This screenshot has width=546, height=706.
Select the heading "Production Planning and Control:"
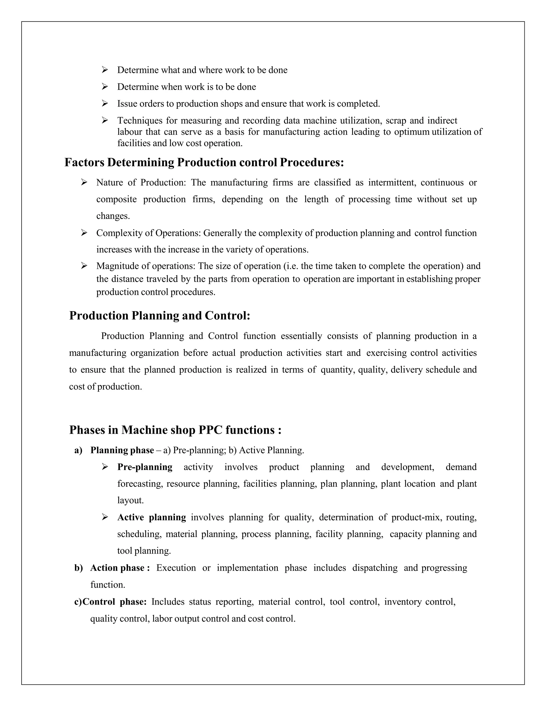pos(160,315)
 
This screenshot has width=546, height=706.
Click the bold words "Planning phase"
pos(122,450)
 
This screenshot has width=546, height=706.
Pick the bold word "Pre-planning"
pos(144,467)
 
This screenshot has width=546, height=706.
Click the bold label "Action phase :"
pos(120,568)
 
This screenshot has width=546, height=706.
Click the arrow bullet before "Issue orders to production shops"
pos(105,103)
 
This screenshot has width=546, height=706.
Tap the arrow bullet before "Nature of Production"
pos(84,182)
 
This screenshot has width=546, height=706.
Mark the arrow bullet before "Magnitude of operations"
pos(84,266)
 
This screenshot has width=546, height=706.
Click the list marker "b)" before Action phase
pos(79,568)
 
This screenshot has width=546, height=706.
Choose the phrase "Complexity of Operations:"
pos(148,233)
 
